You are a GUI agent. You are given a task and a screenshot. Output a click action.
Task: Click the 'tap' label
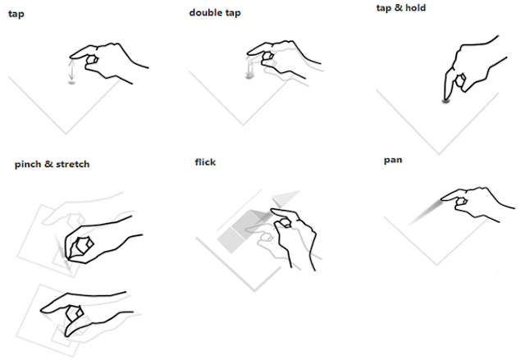click(x=16, y=15)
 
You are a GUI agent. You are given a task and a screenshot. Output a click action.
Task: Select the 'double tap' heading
click(x=215, y=13)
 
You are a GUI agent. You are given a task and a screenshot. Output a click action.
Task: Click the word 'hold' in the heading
click(x=415, y=7)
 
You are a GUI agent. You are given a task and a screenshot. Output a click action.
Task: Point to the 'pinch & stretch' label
click(x=52, y=164)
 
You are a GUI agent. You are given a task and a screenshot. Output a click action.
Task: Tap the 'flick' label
click(x=205, y=162)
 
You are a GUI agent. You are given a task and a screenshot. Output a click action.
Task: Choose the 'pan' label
click(x=393, y=160)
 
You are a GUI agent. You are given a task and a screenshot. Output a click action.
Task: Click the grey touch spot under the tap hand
click(x=71, y=82)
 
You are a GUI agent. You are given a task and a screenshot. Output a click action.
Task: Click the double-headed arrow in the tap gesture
click(x=71, y=69)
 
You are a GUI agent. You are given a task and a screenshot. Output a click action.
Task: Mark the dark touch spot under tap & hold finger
click(x=445, y=100)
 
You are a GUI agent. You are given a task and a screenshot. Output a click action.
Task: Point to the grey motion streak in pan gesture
click(x=424, y=212)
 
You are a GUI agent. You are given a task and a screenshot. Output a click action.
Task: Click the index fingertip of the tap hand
click(x=71, y=57)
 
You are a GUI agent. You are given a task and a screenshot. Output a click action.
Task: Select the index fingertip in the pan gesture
click(x=443, y=198)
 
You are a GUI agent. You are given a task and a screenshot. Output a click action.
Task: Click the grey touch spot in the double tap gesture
click(x=249, y=76)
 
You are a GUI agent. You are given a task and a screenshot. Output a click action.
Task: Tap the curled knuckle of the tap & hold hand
click(x=460, y=80)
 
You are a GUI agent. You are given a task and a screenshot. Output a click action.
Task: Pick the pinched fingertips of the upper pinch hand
click(x=68, y=257)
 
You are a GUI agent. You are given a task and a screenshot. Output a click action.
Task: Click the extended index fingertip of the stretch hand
click(x=43, y=310)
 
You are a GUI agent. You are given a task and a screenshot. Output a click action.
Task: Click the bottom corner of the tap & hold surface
click(x=439, y=154)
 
